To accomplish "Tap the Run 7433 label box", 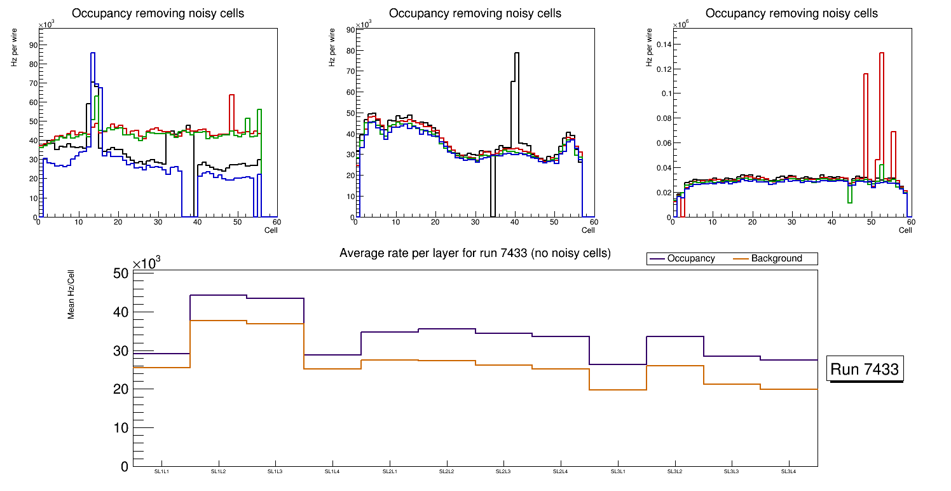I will pyautogui.click(x=865, y=370).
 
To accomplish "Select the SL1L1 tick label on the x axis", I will pyautogui.click(x=161, y=472).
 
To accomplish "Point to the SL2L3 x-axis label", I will pyautogui.click(x=503, y=472).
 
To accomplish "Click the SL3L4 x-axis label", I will pyautogui.click(x=788, y=472).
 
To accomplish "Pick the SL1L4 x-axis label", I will pyautogui.click(x=332, y=472).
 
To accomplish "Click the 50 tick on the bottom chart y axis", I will pyautogui.click(x=121, y=273).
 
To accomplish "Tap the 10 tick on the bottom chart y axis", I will pyautogui.click(x=121, y=427).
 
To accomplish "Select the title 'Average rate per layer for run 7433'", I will pyautogui.click(x=475, y=253).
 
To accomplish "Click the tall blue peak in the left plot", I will pyautogui.click(x=93, y=55).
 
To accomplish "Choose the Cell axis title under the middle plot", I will pyautogui.click(x=587, y=230).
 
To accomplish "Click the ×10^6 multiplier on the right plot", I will pyautogui.click(x=681, y=25).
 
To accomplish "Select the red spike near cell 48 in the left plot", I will pyautogui.click(x=232, y=96).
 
